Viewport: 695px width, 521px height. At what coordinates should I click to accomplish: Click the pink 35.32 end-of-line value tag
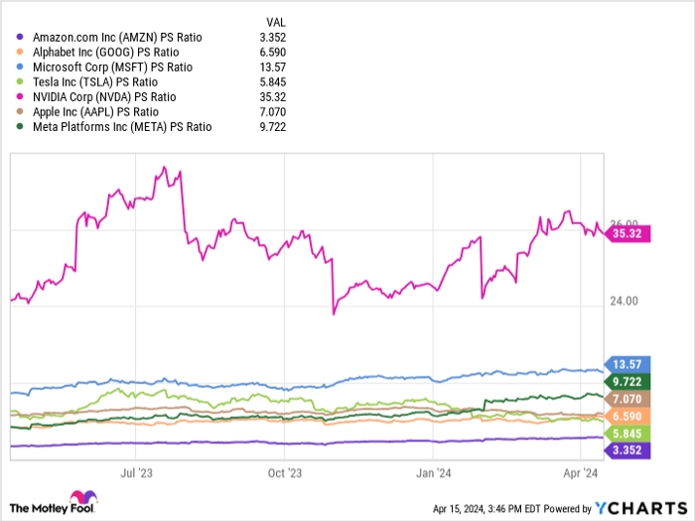[x=629, y=234]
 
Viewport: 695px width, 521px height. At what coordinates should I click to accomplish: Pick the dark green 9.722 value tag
[x=628, y=381]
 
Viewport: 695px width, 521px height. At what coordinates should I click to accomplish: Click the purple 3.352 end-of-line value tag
[x=628, y=451]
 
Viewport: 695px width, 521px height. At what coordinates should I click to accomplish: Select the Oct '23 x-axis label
[x=284, y=473]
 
